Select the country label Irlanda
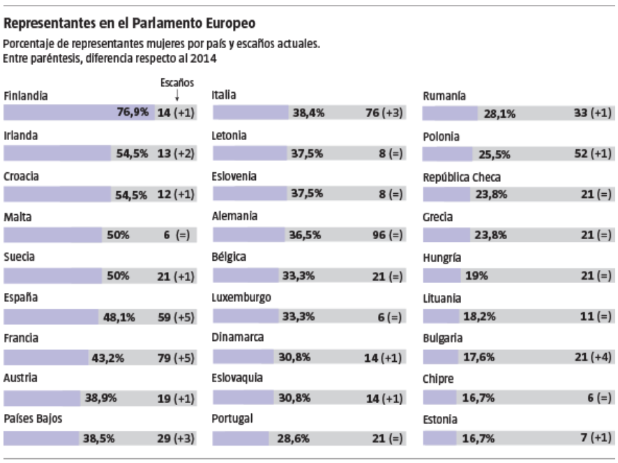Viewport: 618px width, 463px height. click(20, 137)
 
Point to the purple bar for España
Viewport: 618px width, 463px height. click(49, 317)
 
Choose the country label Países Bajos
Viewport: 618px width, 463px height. click(31, 420)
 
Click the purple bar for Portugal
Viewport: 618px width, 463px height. click(240, 439)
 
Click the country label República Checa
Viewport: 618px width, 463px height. click(462, 177)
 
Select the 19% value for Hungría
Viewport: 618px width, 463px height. click(476, 276)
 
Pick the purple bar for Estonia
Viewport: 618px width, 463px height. click(439, 439)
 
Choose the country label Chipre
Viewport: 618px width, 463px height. click(439, 379)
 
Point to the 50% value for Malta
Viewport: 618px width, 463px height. click(118, 236)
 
